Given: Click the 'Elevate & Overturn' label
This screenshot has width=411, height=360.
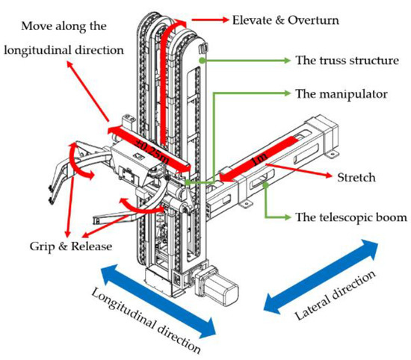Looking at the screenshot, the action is point(285,20).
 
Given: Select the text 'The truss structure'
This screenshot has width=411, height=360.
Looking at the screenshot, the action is point(347,60).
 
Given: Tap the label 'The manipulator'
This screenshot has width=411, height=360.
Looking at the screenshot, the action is point(342,94).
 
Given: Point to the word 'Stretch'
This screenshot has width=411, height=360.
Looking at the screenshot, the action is point(356,178).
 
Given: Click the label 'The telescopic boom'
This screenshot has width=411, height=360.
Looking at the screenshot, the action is point(351,217).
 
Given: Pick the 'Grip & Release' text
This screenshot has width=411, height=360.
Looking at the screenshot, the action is point(71,246).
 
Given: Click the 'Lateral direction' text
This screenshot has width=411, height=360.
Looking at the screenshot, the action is point(336,296).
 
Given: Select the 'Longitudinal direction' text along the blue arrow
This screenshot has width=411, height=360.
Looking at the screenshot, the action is point(146,320).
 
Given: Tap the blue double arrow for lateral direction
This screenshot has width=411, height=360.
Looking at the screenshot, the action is point(321,276).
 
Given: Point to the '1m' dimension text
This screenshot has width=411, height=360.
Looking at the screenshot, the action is point(259,158).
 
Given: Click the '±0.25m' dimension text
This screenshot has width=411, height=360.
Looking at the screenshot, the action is point(152,150).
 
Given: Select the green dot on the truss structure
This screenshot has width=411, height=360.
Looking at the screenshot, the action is point(201,60).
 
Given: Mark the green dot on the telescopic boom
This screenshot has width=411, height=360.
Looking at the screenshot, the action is point(266,185).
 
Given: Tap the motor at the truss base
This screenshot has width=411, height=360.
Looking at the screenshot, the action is point(217,285).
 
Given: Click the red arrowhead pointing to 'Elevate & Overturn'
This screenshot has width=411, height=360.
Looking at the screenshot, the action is point(224,19).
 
